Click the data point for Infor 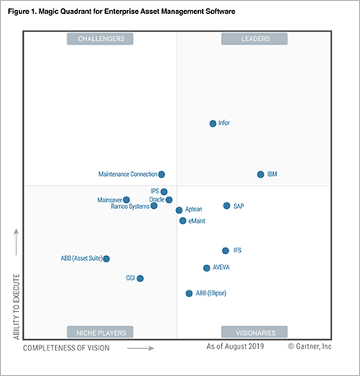tap(213, 123)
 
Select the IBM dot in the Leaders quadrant tap(261, 174)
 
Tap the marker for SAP tap(227, 206)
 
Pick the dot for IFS tap(225, 250)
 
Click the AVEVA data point tap(206, 267)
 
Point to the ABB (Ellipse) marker tap(189, 293)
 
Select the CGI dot tap(141, 278)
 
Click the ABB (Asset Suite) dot tap(106, 258)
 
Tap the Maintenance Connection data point tap(161, 174)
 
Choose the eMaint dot tap(182, 220)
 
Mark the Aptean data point tap(179, 210)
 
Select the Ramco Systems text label tap(129, 207)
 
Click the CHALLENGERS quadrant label tap(101, 39)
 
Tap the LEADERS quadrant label tap(254, 39)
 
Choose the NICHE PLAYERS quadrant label tap(101, 332)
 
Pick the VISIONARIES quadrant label tap(254, 332)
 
